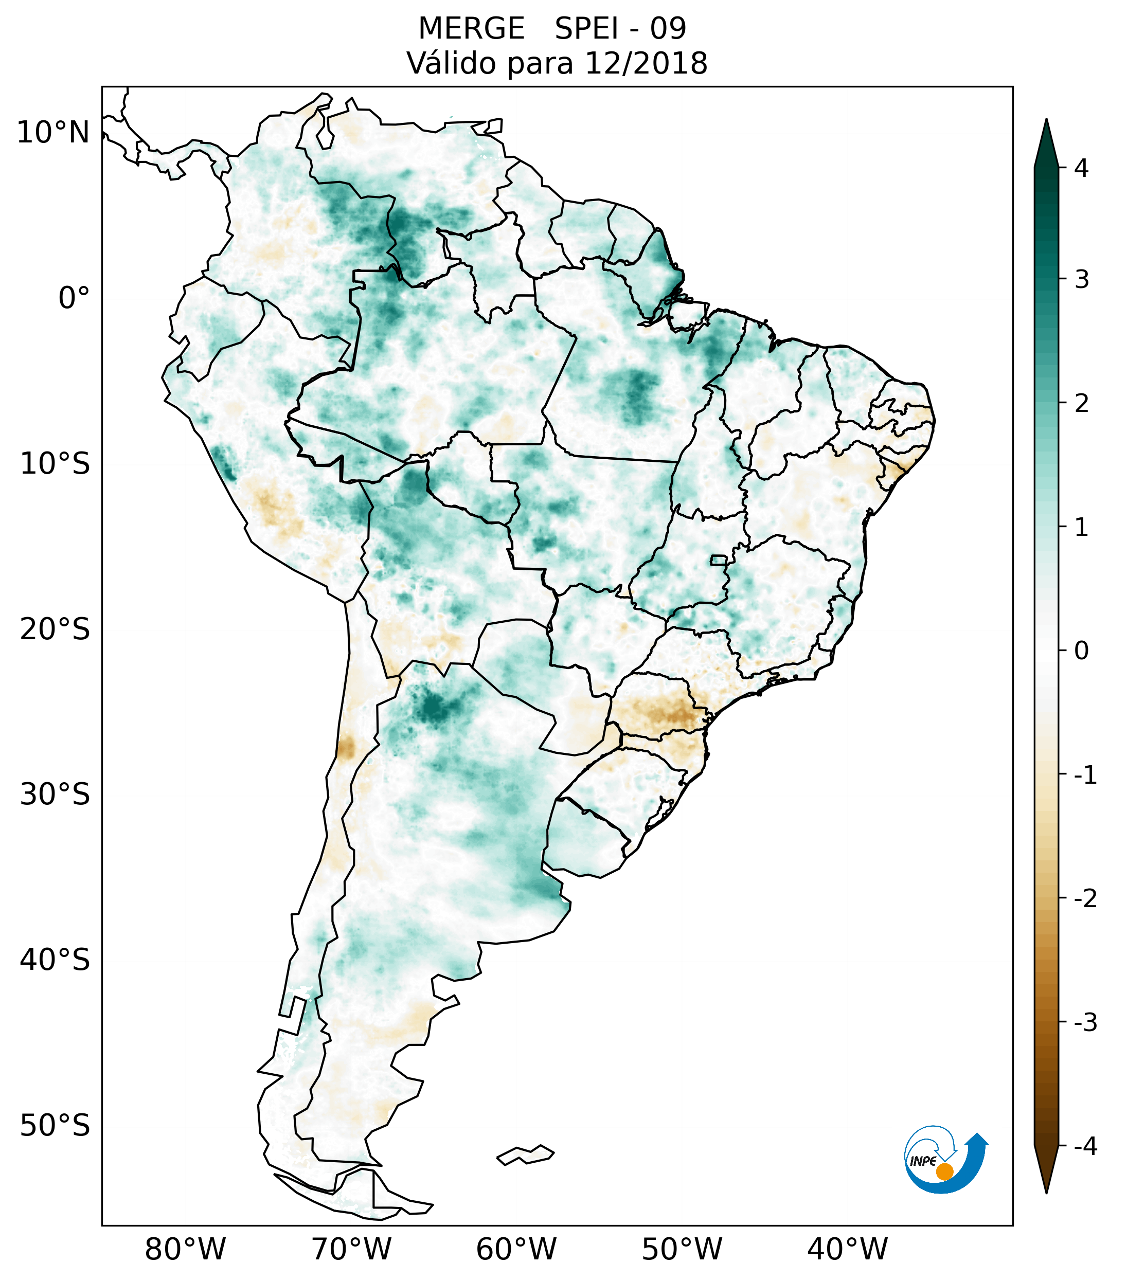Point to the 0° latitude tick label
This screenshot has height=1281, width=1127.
click(x=74, y=298)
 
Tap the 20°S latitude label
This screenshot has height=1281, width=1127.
click(x=55, y=629)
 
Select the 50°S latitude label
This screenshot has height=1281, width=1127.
click(x=55, y=1126)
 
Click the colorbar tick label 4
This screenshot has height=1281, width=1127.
click(x=1081, y=168)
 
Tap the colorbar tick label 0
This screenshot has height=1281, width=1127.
click(x=1081, y=651)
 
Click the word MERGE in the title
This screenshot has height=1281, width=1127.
click(x=471, y=29)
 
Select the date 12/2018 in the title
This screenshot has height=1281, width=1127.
click(x=646, y=63)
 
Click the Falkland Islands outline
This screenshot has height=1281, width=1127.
click(x=525, y=1154)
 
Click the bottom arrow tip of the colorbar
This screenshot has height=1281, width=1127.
click(x=1046, y=1192)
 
